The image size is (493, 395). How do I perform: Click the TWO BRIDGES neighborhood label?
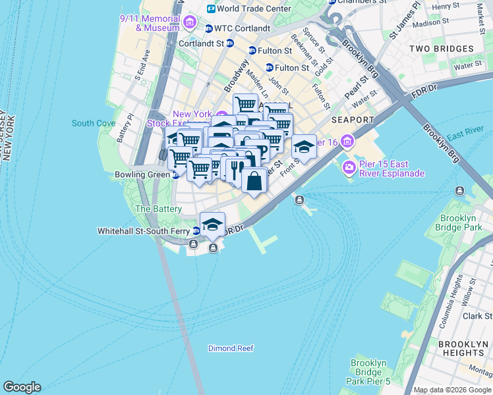(x=441, y=49)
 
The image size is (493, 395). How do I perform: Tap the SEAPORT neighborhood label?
(x=353, y=120)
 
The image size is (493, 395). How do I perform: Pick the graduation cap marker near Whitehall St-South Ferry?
(x=212, y=224)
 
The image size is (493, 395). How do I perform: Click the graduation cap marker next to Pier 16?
(x=304, y=147)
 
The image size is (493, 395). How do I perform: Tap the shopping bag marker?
(x=254, y=180)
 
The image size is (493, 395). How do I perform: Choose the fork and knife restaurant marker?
(x=235, y=170)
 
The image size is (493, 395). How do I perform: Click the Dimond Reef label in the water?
(x=231, y=348)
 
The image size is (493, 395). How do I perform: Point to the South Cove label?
(x=94, y=123)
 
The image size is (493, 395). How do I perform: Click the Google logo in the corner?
(x=22, y=387)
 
